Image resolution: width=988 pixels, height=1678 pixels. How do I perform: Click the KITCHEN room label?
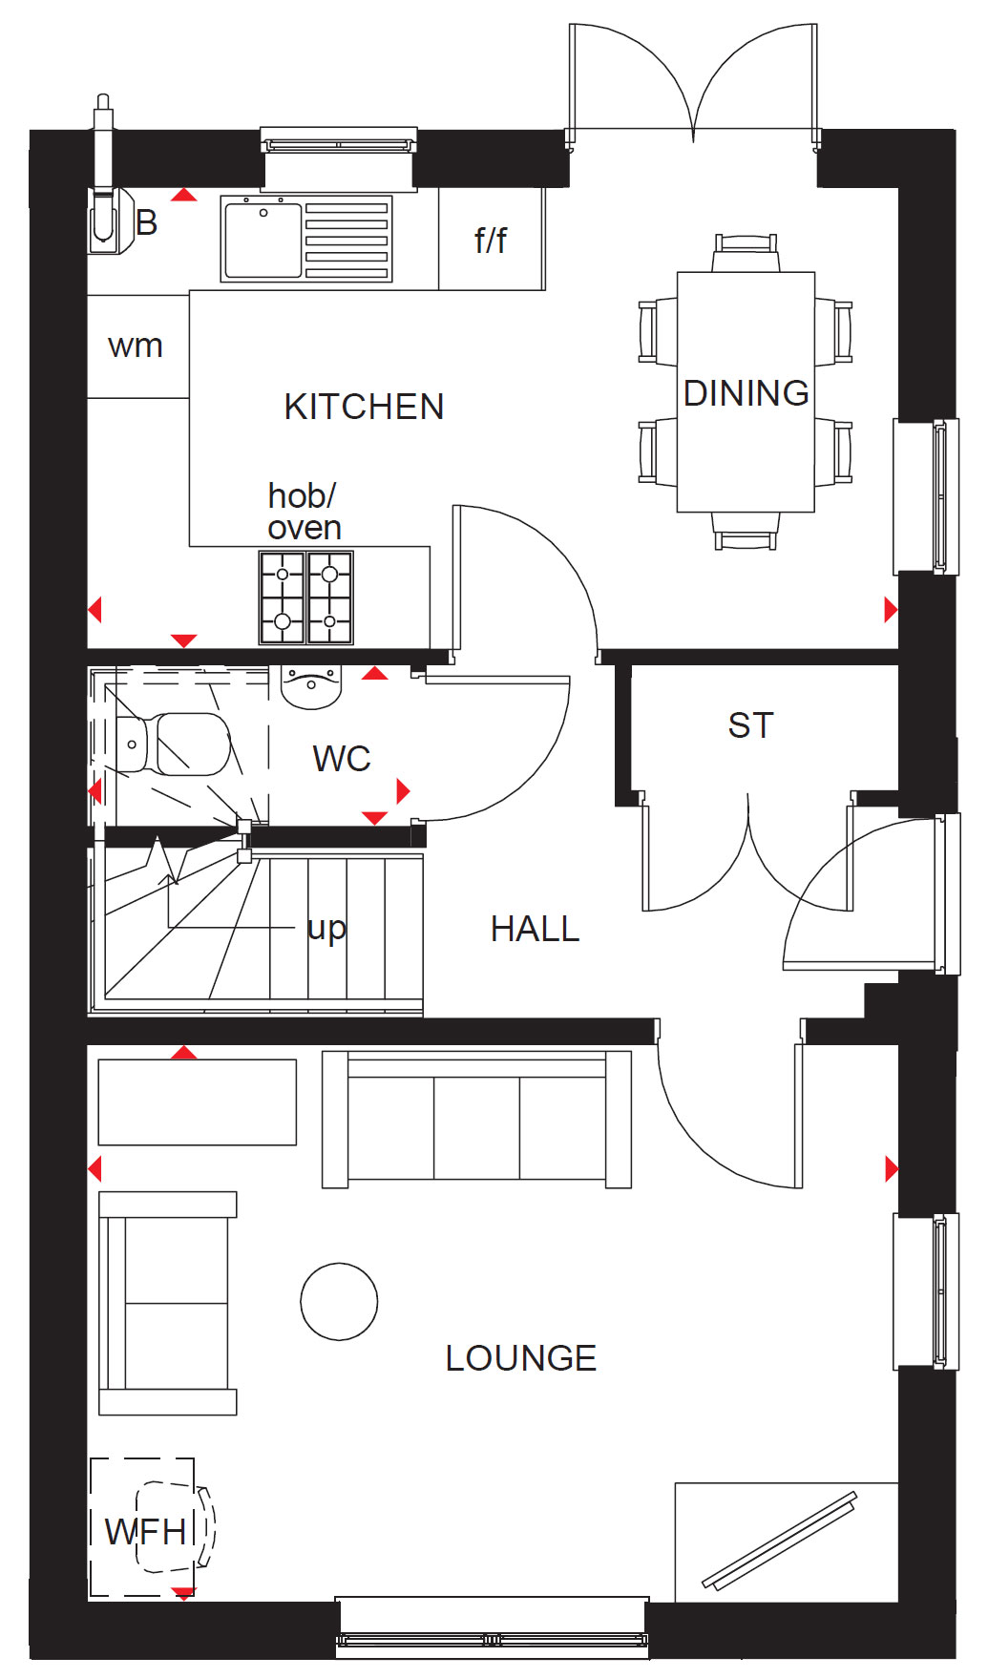point(364,407)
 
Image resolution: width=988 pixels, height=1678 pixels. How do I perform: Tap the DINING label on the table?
point(746,393)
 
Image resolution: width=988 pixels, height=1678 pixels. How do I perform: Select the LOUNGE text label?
point(521,1358)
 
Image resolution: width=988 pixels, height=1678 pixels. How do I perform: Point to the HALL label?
point(536,929)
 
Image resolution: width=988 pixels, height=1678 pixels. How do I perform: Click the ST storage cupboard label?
point(750,725)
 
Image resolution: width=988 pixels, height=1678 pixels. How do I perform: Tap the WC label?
point(342,759)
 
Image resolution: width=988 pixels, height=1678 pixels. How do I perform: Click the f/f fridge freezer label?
point(491,240)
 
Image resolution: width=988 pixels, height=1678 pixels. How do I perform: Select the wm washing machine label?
point(136,346)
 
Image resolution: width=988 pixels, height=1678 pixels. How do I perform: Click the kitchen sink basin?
point(263,241)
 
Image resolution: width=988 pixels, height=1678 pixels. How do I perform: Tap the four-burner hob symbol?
point(306,598)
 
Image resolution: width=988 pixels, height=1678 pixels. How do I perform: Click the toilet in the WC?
point(173,744)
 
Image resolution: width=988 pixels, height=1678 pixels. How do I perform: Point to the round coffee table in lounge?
point(339,1301)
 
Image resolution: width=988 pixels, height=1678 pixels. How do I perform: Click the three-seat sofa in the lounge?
point(477,1119)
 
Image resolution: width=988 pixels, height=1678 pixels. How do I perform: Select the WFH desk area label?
point(145,1532)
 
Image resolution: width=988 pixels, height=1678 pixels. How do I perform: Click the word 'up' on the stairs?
point(326,929)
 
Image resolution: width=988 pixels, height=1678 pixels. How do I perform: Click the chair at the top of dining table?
point(746,254)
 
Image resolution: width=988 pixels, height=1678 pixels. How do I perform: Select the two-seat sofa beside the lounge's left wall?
point(168,1303)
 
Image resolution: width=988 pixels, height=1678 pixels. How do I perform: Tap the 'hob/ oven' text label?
point(305,512)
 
